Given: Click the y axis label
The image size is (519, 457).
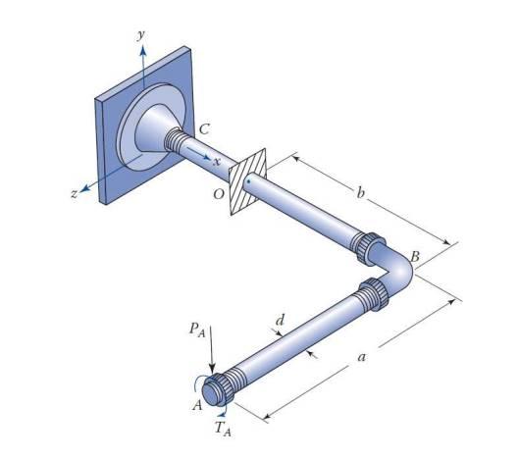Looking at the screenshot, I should tap(141, 34).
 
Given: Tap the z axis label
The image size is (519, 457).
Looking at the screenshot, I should tap(74, 194).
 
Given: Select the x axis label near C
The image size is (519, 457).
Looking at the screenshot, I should tap(217, 161).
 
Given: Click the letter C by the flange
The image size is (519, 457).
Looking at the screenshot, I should tap(203, 128).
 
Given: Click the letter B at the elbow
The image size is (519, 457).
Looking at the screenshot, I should tap(415, 257).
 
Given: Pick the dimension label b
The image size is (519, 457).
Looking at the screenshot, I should tap(360, 194).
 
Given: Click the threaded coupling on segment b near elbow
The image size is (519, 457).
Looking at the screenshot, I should tap(372, 247).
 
